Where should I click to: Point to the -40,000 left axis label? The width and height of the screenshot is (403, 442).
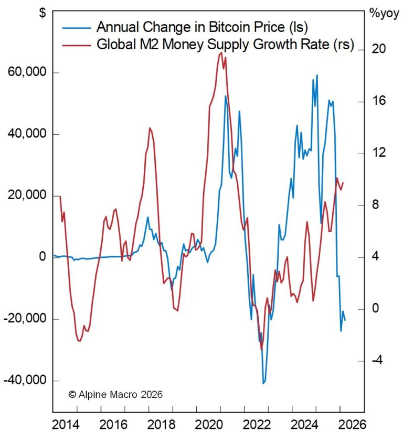(25, 380)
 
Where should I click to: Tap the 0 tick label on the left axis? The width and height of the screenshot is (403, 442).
(42, 257)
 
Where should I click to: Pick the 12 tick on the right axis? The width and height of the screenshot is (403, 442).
(379, 153)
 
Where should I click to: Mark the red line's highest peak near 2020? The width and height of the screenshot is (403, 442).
(221, 52)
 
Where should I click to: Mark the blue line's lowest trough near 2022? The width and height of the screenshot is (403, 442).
(263, 383)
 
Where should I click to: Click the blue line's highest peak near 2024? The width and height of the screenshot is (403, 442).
(317, 75)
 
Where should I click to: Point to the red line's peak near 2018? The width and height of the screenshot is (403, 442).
(150, 127)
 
